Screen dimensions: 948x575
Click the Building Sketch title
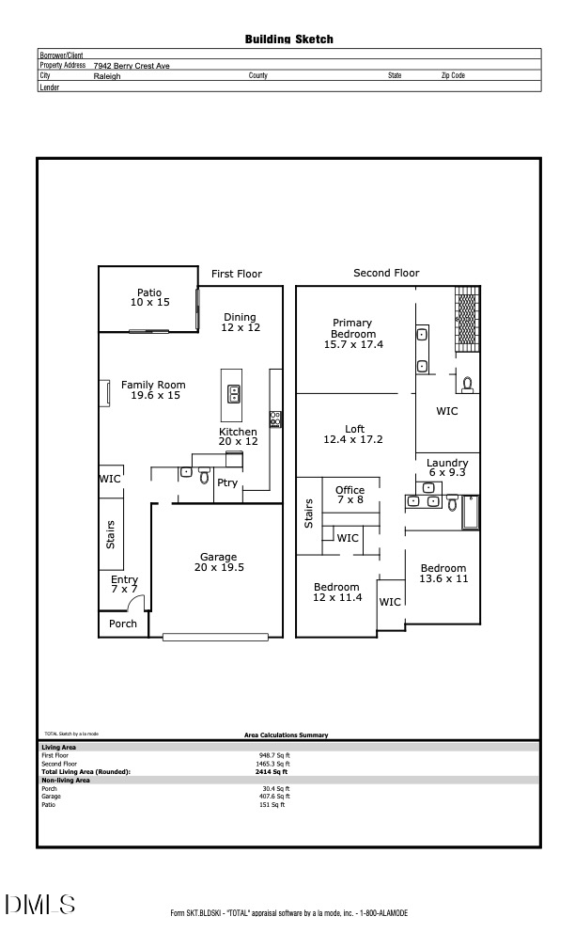288,39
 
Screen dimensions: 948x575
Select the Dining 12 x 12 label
241,323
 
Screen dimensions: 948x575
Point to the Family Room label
153,390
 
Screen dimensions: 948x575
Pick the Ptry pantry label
227,483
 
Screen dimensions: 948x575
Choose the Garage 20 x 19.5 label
218,562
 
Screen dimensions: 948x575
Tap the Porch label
123,624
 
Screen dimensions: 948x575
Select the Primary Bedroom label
353,334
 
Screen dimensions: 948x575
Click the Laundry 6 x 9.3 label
447,468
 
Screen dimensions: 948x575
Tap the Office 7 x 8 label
350,496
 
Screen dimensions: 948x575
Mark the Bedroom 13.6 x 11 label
443,574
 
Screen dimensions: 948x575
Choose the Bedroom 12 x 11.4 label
336,592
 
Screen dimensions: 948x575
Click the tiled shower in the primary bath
467,318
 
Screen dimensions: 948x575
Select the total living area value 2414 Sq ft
272,772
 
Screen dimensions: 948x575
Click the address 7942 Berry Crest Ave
132,66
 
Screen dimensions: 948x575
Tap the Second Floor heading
386,273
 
